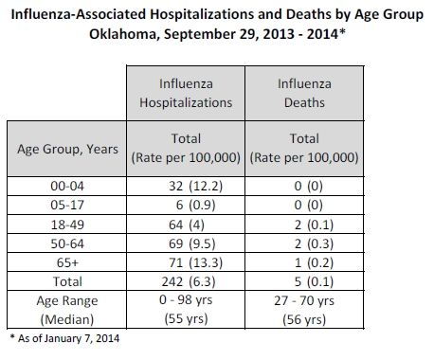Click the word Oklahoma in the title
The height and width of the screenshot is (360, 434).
(122, 34)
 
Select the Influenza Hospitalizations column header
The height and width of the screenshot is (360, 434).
(186, 93)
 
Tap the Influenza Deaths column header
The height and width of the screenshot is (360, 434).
(304, 93)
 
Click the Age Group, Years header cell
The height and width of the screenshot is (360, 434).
(67, 149)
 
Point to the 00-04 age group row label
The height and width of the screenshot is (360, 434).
(67, 186)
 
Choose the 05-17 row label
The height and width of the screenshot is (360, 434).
(67, 206)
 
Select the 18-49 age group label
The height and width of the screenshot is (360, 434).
(67, 225)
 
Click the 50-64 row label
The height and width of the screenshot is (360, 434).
(67, 243)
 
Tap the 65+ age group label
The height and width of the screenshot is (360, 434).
(67, 262)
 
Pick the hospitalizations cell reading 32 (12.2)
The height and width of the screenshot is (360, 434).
(196, 186)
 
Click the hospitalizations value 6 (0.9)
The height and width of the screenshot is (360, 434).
(196, 206)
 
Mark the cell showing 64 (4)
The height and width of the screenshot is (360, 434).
(187, 225)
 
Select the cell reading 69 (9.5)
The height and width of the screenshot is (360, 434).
(192, 243)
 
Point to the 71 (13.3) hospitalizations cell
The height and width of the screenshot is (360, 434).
(196, 262)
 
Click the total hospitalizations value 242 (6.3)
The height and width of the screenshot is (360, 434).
(189, 281)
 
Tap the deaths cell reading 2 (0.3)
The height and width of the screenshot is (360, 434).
(314, 243)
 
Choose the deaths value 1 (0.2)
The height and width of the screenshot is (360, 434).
(314, 262)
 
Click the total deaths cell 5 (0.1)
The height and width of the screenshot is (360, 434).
(314, 281)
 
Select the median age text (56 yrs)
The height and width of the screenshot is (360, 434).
(304, 319)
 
